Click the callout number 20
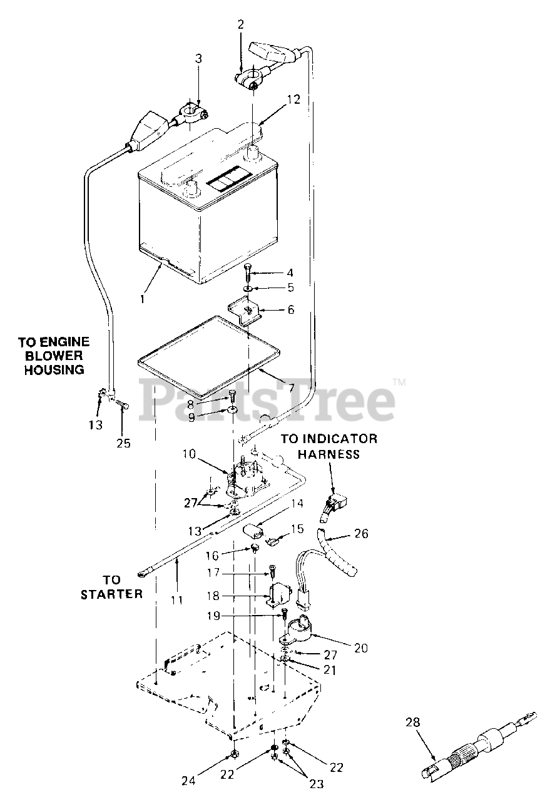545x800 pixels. click(360, 648)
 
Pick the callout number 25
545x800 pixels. click(123, 443)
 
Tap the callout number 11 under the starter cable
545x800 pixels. click(177, 600)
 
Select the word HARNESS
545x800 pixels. click(329, 454)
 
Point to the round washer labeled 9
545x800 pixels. click(232, 411)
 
